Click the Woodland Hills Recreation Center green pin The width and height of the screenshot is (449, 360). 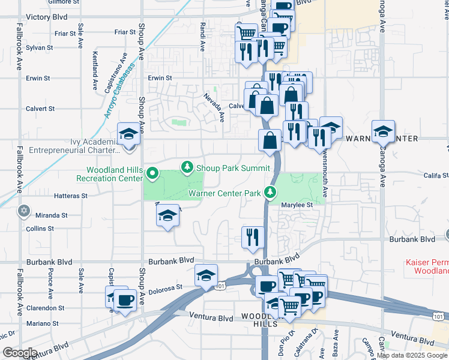pos(152,175)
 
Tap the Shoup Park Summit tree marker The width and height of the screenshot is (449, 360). pos(188,167)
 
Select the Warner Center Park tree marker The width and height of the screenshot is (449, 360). pos(271,193)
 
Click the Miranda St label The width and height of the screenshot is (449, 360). pos(51,215)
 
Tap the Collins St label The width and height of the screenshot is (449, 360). pos(40,229)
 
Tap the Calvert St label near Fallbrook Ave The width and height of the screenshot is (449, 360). pos(40,109)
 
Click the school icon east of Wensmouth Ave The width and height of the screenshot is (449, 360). pos(383,131)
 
